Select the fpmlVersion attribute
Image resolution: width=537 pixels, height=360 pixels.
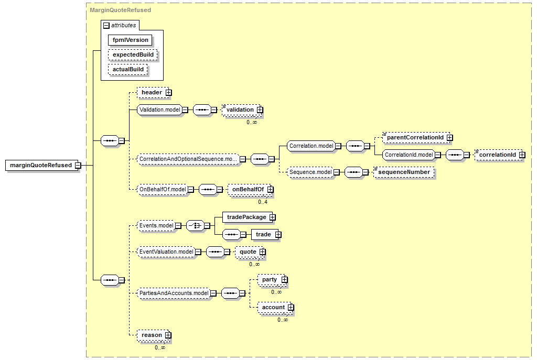coord(130,40)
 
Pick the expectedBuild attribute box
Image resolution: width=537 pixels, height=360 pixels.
coord(133,54)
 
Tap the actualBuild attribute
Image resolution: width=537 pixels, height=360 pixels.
coord(128,70)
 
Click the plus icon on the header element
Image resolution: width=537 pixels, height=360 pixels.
coord(168,93)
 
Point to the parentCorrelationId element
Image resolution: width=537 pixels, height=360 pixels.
coord(416,138)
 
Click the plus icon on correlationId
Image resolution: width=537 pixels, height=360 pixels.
coord(522,155)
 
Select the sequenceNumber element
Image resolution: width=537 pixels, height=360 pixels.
coord(404,172)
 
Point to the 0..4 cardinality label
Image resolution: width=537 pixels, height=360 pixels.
coord(263,202)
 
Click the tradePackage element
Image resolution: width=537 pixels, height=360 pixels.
coord(248,217)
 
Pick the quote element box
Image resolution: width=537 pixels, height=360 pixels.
coord(249,252)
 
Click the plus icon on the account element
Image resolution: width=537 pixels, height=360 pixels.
coord(291,308)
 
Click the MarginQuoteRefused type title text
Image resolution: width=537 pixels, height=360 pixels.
coord(120,10)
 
